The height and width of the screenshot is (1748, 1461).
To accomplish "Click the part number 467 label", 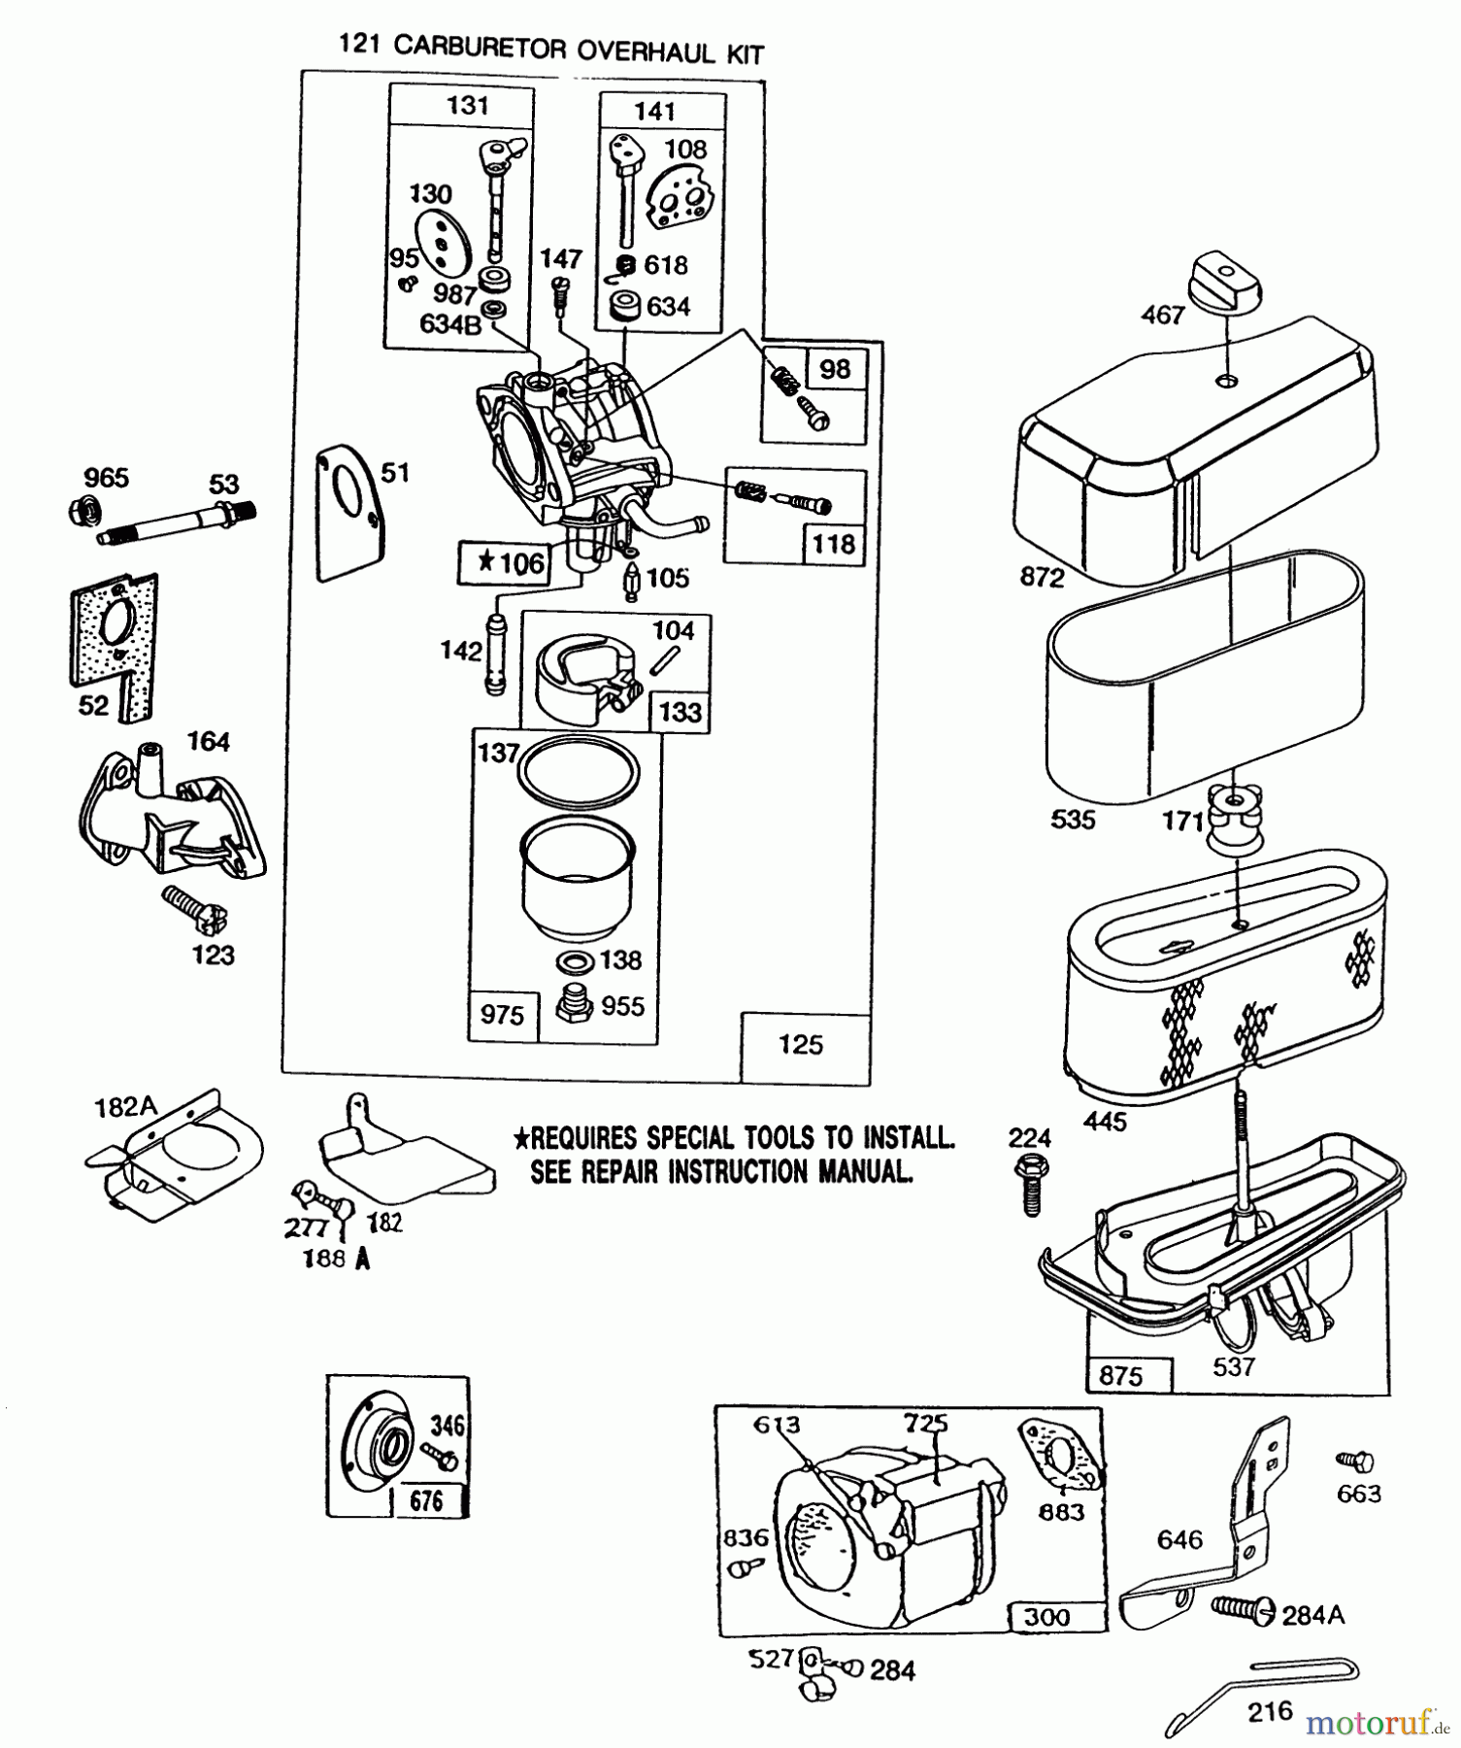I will pyautogui.click(x=1162, y=315).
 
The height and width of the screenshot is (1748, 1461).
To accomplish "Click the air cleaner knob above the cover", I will pyautogui.click(x=1228, y=282).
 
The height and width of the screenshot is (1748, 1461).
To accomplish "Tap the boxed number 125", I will pyautogui.click(x=801, y=1045).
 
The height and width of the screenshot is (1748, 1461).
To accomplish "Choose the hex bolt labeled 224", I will pyautogui.click(x=1030, y=1181).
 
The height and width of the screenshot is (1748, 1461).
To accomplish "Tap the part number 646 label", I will pyautogui.click(x=1179, y=1539).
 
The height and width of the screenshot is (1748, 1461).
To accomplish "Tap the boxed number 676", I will pyautogui.click(x=427, y=1500).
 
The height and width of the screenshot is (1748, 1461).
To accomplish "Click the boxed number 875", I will pyautogui.click(x=1121, y=1376).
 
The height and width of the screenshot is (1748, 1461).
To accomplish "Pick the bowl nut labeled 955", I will pyautogui.click(x=575, y=1007).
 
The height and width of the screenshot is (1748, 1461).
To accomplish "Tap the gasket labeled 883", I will pyautogui.click(x=1062, y=1458).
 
